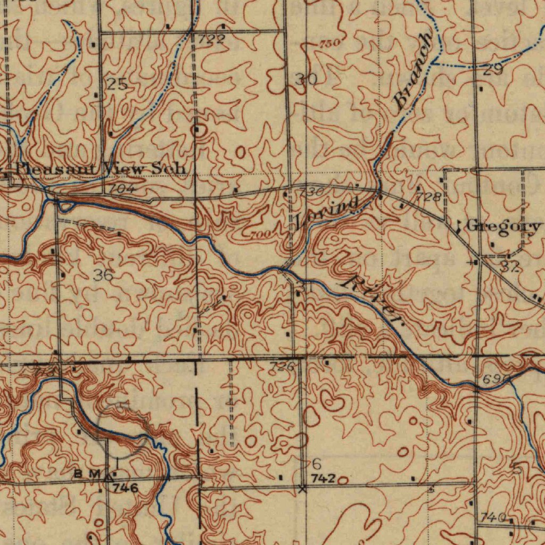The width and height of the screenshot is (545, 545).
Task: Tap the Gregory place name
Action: tap(503, 226)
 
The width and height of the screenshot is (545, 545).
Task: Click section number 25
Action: tap(117, 84)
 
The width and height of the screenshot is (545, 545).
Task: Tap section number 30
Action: tap(306, 80)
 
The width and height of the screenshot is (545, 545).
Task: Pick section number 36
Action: tap(103, 275)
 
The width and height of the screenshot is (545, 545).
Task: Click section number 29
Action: tap(493, 69)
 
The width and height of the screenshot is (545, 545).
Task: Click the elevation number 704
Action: tap(123, 188)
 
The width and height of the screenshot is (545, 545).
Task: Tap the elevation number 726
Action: tap(282, 366)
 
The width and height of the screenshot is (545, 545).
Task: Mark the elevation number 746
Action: tap(126, 488)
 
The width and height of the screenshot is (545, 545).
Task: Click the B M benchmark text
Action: tap(87, 474)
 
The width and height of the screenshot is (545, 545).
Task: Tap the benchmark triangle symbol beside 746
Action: tap(110, 475)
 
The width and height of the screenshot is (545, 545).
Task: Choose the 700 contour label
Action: tap(259, 235)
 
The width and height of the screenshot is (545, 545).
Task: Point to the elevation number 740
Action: tap(492, 517)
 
